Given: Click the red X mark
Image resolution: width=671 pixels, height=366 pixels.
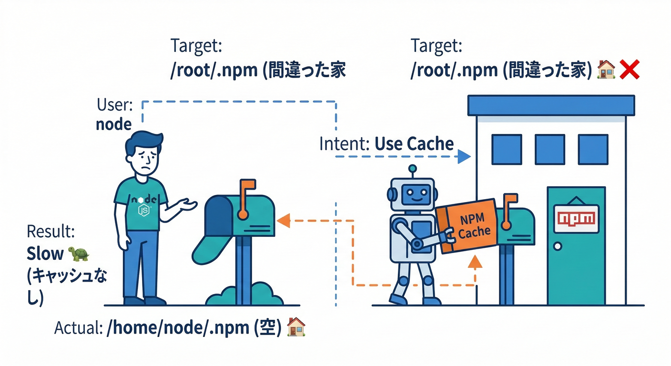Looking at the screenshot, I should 630,71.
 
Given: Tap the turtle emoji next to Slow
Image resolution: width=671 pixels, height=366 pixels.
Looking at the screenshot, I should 79,254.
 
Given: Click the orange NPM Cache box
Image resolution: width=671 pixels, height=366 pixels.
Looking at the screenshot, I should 468,225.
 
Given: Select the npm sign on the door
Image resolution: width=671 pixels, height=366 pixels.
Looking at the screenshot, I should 576,219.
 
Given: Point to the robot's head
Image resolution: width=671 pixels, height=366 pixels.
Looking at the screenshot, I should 412,193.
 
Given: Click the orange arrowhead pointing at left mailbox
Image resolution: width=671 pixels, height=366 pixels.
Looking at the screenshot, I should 284,220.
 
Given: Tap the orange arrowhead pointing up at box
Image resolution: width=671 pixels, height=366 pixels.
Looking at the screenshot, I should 476,263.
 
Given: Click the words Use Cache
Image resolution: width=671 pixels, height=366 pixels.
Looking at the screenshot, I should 414,143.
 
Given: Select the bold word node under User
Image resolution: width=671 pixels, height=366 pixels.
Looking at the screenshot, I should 113,124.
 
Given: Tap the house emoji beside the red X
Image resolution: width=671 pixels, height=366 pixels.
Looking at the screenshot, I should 606,71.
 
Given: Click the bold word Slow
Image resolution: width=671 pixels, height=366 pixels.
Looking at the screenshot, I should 45,254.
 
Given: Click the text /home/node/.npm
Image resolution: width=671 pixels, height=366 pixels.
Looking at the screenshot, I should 176,328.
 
